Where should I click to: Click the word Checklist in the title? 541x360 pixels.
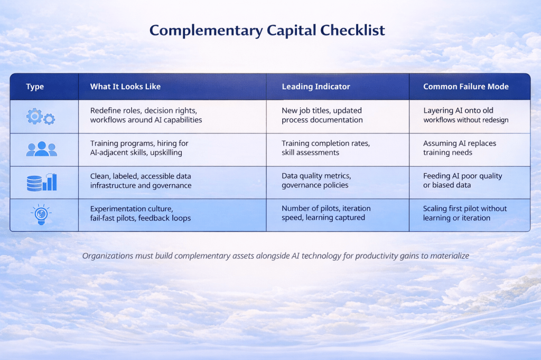(352, 30)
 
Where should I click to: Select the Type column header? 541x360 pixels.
(35, 87)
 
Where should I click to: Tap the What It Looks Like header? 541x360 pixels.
(125, 87)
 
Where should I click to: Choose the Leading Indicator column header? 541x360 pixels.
(316, 87)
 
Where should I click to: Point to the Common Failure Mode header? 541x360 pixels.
(466, 87)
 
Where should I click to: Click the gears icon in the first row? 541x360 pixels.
(41, 117)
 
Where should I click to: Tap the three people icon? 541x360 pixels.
(41, 149)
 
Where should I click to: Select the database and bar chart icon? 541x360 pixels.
(42, 182)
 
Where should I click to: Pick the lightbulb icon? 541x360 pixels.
(41, 214)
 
